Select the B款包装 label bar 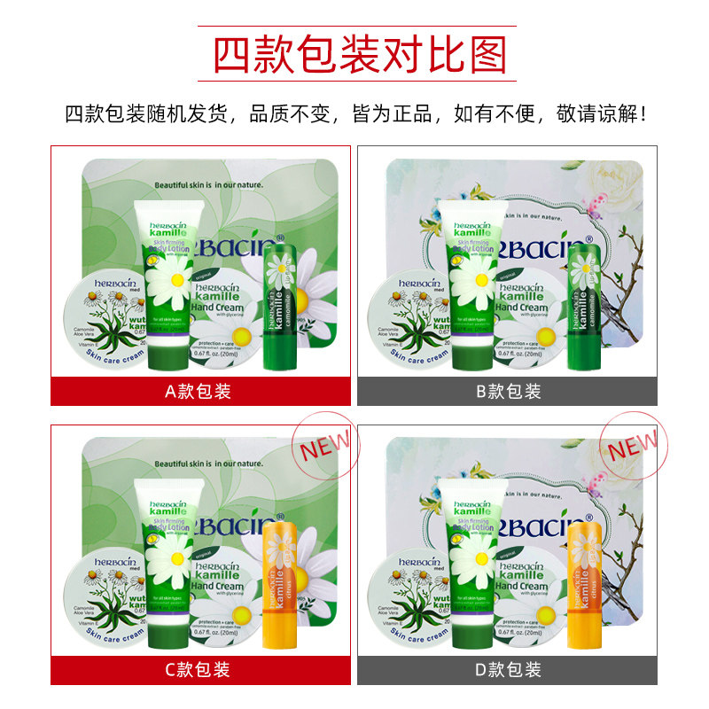point(507,391)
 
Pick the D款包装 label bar point(507,669)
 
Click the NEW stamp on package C point(323,445)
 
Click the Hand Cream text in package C point(217,586)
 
